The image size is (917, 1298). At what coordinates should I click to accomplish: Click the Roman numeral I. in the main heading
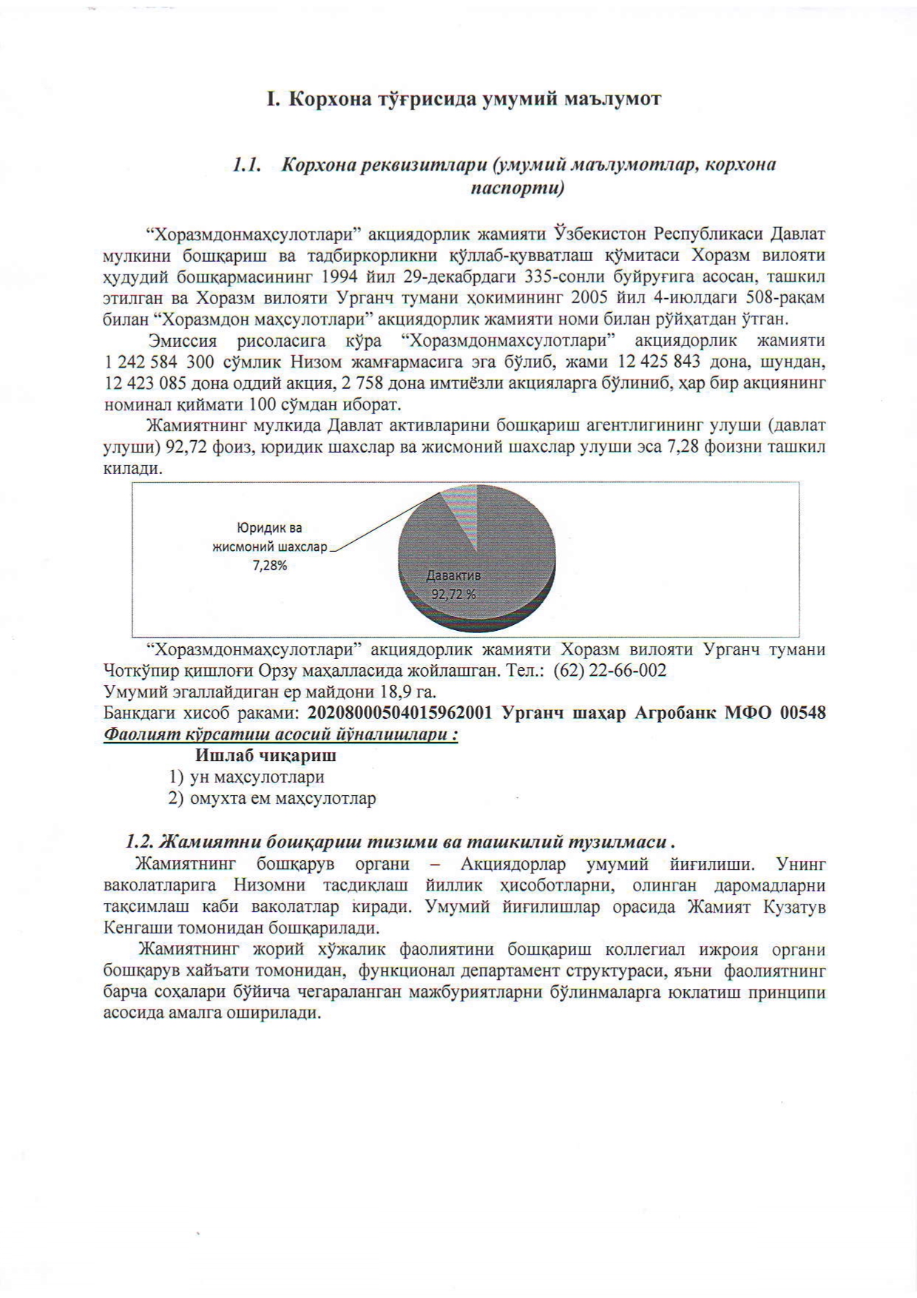[x=271, y=99]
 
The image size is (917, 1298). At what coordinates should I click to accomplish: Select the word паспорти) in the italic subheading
[x=518, y=188]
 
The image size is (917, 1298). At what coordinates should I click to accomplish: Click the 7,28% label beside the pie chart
[x=270, y=566]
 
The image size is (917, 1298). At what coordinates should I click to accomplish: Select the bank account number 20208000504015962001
[x=400, y=713]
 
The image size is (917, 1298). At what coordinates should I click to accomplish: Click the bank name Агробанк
[x=677, y=713]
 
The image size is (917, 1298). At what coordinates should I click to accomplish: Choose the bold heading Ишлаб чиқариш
[x=265, y=756]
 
